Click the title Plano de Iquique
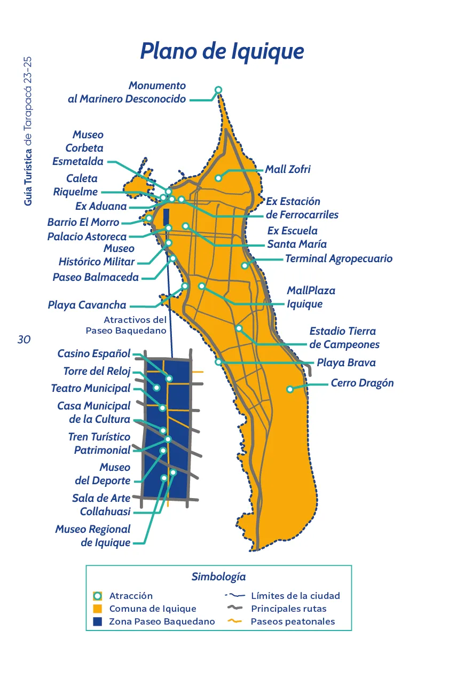pyautogui.click(x=222, y=52)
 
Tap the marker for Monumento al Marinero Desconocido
pyautogui.click(x=218, y=90)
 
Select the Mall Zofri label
pyautogui.click(x=288, y=170)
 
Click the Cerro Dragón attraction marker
pyautogui.click(x=290, y=389)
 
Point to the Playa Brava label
pyautogui.click(x=346, y=363)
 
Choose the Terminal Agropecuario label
pyautogui.click(x=338, y=259)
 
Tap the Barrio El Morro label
pyautogui.click(x=83, y=222)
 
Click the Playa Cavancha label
pyautogui.click(x=87, y=305)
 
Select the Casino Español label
pyautogui.click(x=94, y=353)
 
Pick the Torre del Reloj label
pyautogui.click(x=97, y=372)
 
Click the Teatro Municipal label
pyautogui.click(x=91, y=389)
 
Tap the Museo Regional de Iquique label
pyautogui.click(x=93, y=536)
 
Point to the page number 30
pyautogui.click(x=24, y=340)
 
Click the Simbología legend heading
pyautogui.click(x=218, y=577)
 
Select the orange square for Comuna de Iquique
pyautogui.click(x=98, y=609)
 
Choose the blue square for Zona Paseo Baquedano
pyautogui.click(x=98, y=621)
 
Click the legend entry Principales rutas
pyautogui.click(x=288, y=609)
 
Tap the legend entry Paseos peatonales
pyautogui.click(x=293, y=621)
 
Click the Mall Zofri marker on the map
pyautogui.click(x=218, y=178)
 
